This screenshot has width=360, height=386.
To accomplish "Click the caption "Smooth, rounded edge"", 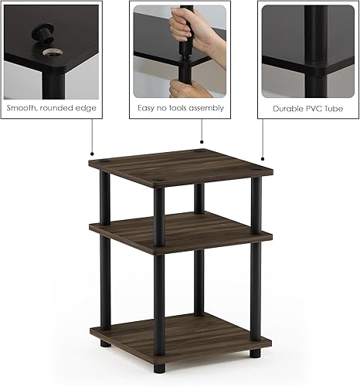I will [51, 108].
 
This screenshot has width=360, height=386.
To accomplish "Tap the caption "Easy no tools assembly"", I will [180, 108].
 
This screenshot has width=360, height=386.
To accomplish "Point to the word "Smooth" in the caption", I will [22, 108].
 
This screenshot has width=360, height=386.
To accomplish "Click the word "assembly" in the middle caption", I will [205, 109].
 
